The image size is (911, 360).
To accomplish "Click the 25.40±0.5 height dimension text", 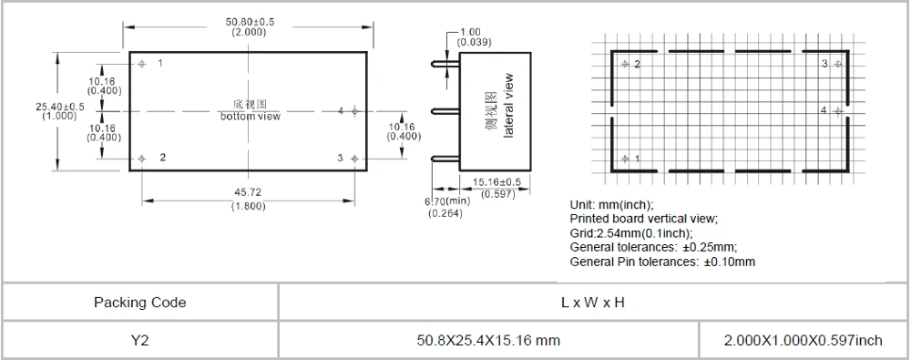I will pyautogui.click(x=59, y=107).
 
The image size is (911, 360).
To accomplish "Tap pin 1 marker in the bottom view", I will pyautogui.click(x=143, y=64).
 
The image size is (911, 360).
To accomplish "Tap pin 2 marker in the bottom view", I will pyautogui.click(x=143, y=159).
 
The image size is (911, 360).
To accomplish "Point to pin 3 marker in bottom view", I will pyautogui.click(x=353, y=159).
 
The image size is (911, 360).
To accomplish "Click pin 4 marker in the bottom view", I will pyautogui.click(x=353, y=111).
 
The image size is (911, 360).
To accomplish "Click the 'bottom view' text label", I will pyautogui.click(x=250, y=117).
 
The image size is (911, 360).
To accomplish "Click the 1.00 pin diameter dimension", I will pyautogui.click(x=471, y=32).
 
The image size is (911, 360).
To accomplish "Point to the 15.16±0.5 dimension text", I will pyautogui.click(x=497, y=180).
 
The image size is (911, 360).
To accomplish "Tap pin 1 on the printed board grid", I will pyautogui.click(x=625, y=159).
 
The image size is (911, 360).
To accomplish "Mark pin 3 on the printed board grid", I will pyautogui.click(x=837, y=64).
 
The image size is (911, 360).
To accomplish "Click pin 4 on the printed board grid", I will pyautogui.click(x=837, y=111).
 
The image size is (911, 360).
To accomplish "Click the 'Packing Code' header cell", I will pyautogui.click(x=139, y=303).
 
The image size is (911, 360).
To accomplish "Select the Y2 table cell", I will pyautogui.click(x=139, y=340).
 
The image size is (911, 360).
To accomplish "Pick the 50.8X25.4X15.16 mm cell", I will pyautogui.click(x=487, y=340).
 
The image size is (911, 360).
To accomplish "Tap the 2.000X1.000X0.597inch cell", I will pyautogui.click(x=803, y=340).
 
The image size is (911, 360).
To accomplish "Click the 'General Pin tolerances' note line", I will pyautogui.click(x=662, y=262).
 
